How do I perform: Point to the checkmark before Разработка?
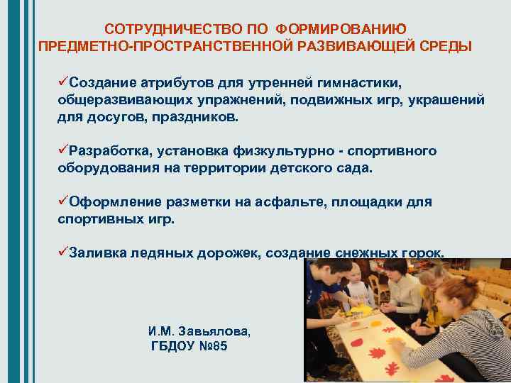[63, 151]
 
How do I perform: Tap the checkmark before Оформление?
[63, 201]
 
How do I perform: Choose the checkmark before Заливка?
[63, 252]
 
